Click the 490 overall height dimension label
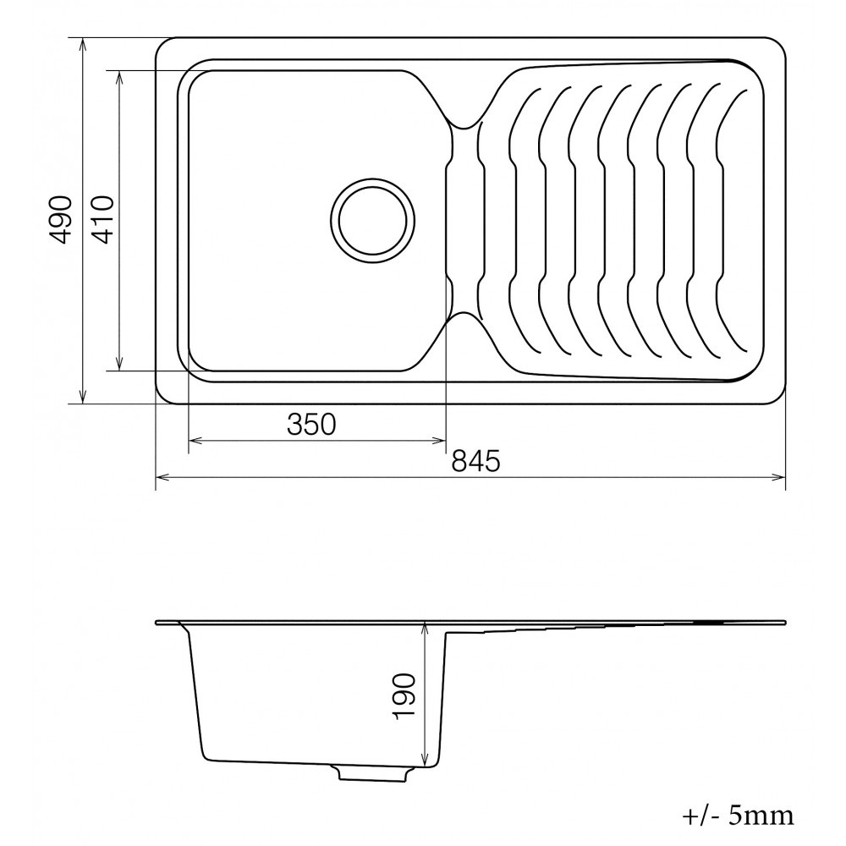(60, 220)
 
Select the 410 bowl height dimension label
(102, 220)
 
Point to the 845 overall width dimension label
(475, 461)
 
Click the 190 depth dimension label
(404, 696)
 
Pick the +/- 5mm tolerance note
(738, 816)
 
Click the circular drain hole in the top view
(373, 220)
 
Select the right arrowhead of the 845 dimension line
(778, 477)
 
